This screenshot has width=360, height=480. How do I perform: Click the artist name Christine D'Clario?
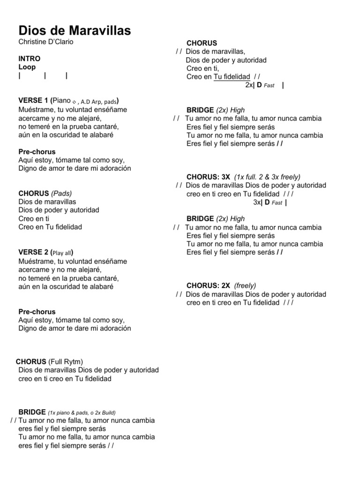[x=46, y=42]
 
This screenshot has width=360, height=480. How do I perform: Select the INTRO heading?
[x=29, y=59]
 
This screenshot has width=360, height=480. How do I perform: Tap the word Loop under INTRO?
[x=27, y=67]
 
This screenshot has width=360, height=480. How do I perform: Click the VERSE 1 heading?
[x=33, y=101]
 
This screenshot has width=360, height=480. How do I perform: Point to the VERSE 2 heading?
[x=33, y=252]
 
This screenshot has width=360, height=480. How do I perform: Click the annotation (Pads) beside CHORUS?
[x=61, y=193]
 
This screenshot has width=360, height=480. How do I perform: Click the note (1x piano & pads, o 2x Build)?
[x=82, y=412]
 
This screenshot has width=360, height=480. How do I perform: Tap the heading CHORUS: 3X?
[x=208, y=177]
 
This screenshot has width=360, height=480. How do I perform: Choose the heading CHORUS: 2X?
[x=208, y=285]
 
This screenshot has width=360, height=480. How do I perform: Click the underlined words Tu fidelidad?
[x=232, y=77]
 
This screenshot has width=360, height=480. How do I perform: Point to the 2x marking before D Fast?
[x=248, y=85]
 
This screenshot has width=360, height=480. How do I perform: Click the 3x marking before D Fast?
[x=257, y=202]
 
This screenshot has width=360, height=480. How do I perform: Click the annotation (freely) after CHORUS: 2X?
[x=245, y=285]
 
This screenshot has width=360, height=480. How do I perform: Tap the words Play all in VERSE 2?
[x=61, y=253]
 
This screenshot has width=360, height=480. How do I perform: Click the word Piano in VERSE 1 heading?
[x=62, y=101]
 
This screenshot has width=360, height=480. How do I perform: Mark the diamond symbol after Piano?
[x=75, y=102]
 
